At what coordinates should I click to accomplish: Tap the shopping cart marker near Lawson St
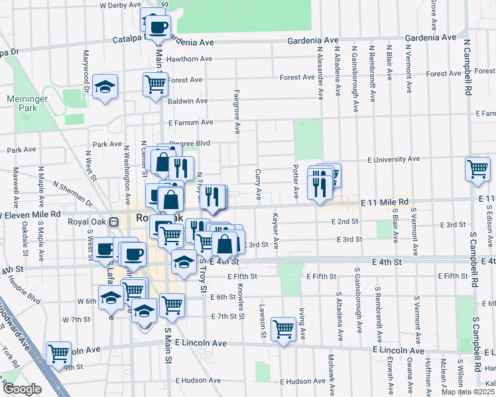point(284,328)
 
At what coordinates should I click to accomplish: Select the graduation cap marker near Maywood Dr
point(105,87)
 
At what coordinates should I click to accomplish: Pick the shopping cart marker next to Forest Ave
point(155,84)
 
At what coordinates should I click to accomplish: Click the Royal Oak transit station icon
point(114,222)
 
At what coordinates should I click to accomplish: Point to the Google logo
point(22,389)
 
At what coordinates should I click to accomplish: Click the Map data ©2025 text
point(468,392)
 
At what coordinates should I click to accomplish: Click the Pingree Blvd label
point(191,143)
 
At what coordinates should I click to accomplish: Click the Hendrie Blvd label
point(24,289)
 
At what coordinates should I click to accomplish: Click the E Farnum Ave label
point(191,122)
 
